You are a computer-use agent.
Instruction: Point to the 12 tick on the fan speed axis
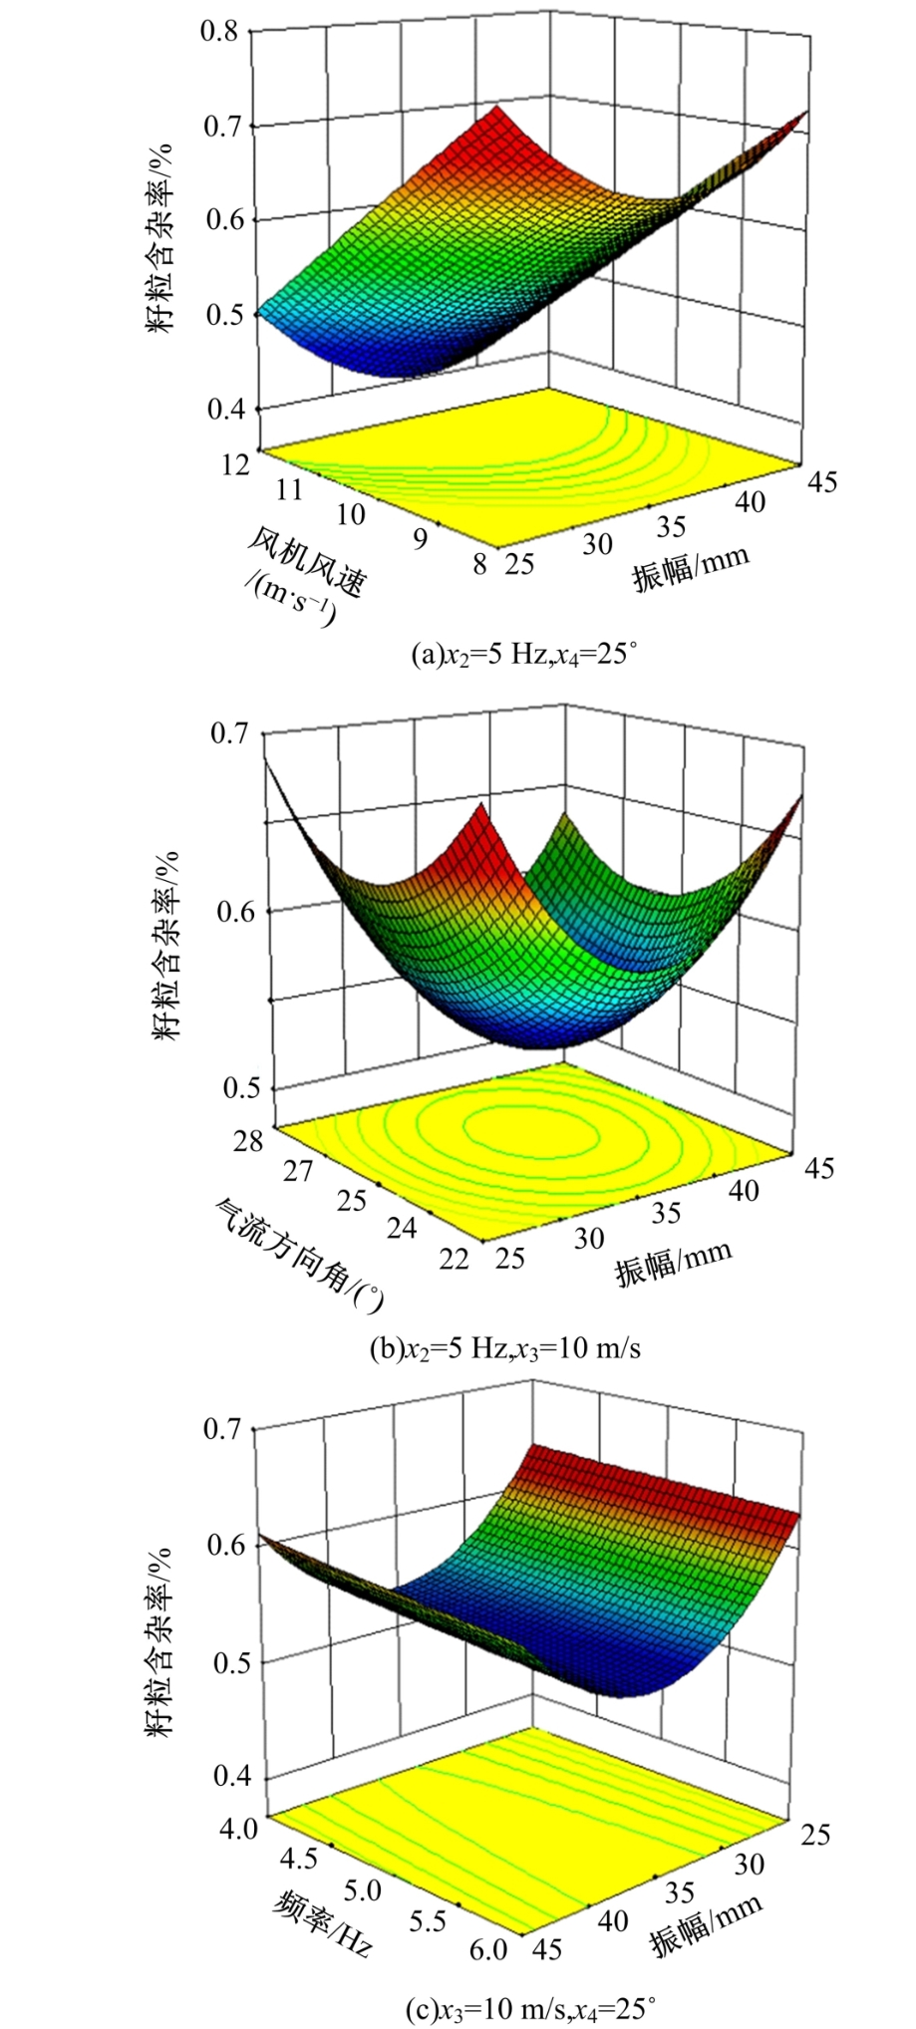(235, 464)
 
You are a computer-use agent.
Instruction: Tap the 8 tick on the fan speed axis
(479, 564)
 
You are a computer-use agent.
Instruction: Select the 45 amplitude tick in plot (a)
(822, 482)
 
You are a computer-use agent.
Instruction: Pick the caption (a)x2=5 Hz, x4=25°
(524, 655)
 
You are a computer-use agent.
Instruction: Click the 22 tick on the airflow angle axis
(454, 1258)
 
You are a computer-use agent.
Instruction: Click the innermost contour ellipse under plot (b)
(529, 1131)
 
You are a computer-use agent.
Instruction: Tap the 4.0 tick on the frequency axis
(236, 1828)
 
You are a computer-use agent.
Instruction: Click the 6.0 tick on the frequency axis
(488, 1948)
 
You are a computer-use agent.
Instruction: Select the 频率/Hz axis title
(322, 1919)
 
